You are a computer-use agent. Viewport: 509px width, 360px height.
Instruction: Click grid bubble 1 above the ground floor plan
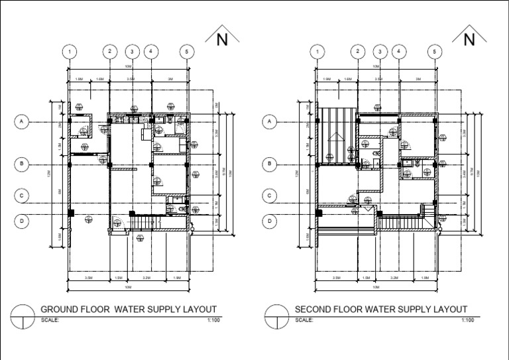click(x=70, y=51)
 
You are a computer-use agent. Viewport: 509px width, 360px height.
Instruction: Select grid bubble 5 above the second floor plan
click(x=435, y=51)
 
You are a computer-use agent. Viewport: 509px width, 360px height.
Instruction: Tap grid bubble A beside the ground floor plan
click(x=22, y=121)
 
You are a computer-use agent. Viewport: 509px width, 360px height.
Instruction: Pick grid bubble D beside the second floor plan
click(x=270, y=221)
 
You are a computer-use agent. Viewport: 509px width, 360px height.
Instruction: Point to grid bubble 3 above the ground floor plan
click(x=132, y=51)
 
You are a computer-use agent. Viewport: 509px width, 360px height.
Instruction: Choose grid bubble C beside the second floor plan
click(x=270, y=196)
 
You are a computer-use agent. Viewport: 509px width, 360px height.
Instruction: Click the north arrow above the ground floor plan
click(x=222, y=38)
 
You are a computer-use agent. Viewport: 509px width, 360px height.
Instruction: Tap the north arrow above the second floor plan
click(x=470, y=38)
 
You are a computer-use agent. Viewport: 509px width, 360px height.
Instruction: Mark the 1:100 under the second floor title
click(x=467, y=320)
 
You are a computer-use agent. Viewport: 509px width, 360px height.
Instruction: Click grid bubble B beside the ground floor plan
click(x=22, y=163)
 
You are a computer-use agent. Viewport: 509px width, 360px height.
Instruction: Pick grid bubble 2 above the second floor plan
click(x=358, y=51)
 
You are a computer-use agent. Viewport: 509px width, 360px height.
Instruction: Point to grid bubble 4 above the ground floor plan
click(x=151, y=51)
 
